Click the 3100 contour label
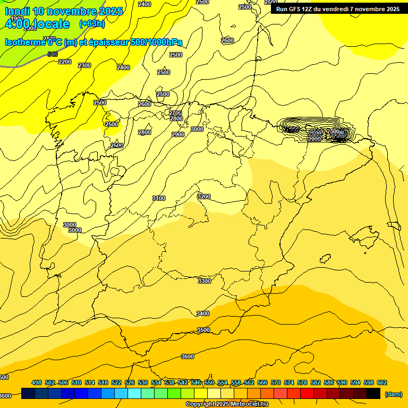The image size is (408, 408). point(158,198)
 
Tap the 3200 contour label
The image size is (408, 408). point(204,197)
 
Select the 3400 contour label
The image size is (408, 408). point(203,313)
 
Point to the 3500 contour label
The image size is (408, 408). point(203,330)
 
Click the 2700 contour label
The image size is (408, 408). point(175,113)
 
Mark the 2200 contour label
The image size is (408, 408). point(65,62)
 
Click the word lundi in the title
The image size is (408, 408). point(16,11)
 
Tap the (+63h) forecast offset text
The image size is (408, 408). point(92,24)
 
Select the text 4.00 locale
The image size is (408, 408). point(37,24)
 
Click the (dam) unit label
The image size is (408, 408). point(393,394)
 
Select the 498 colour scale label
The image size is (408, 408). point(37,382)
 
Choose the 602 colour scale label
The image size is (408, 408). point(382,382)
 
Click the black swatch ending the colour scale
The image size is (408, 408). point(373,394)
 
